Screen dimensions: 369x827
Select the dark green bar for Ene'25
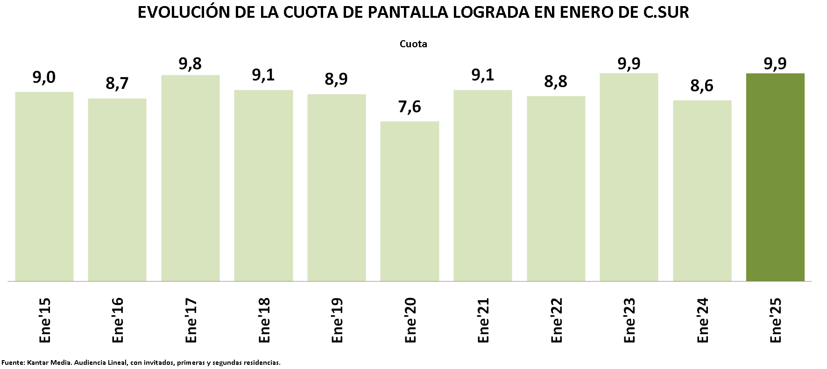[775, 177]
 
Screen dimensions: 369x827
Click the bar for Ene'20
[410, 201]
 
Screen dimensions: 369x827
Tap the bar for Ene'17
[191, 178]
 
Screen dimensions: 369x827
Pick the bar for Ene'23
[629, 177]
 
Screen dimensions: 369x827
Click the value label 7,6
[410, 107]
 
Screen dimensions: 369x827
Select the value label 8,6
[702, 86]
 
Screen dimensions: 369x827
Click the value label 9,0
[44, 78]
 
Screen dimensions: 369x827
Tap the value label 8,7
[117, 84]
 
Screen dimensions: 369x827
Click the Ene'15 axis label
[45, 320]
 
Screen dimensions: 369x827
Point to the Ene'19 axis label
[337, 320]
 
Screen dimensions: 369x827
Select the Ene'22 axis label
[557, 320]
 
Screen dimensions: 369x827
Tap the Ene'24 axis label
[703, 320]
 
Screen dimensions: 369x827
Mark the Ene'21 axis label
[483, 320]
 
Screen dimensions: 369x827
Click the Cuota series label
[413, 44]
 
